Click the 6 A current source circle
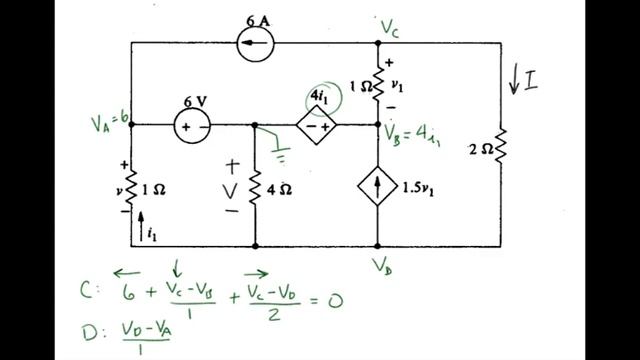pyautogui.click(x=257, y=44)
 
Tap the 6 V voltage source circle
pyautogui.click(x=194, y=126)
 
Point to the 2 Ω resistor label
pyautogui.click(x=482, y=150)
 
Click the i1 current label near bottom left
pyautogui.click(x=151, y=234)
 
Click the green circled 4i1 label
pyautogui.click(x=324, y=97)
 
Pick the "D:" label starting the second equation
pyautogui.click(x=89, y=330)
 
